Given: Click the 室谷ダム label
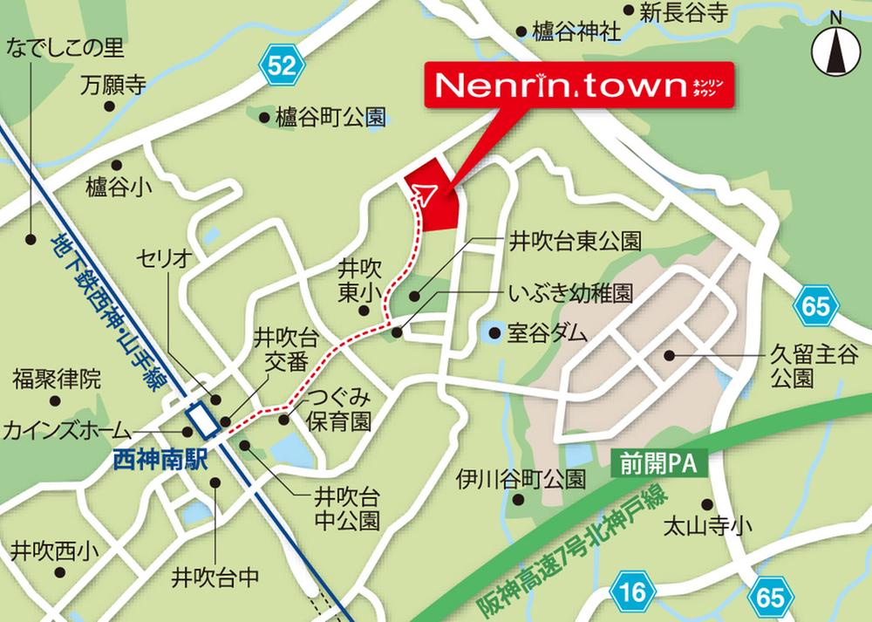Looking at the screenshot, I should point(549,333).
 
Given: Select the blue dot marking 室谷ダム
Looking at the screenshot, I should point(494,332).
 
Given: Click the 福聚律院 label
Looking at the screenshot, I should point(56,379).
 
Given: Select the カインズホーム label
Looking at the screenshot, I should point(67,430).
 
